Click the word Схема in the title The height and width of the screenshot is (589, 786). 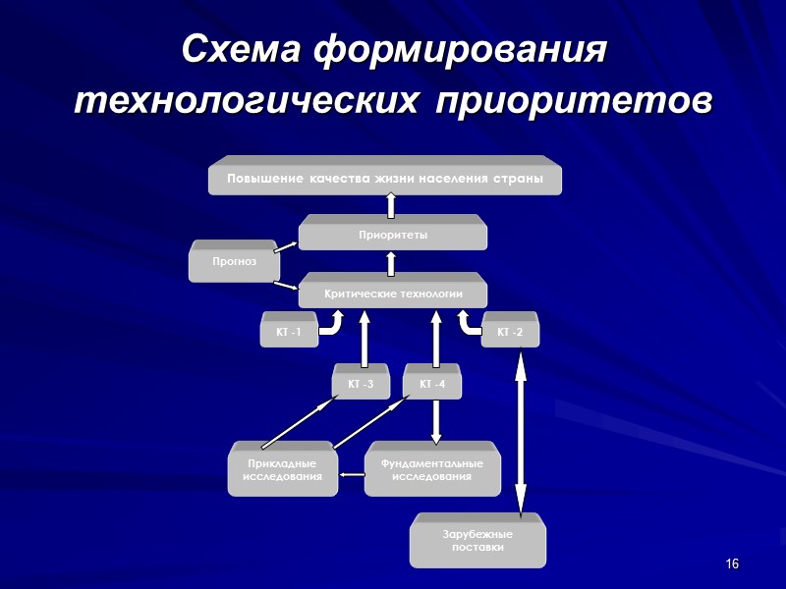(x=242, y=49)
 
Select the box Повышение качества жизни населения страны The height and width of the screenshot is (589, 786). (x=385, y=179)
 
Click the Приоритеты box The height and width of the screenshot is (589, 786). (x=392, y=236)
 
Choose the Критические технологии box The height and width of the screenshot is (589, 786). (x=392, y=294)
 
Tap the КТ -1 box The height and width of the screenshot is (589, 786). (x=288, y=333)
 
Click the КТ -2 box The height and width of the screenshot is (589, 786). (x=510, y=333)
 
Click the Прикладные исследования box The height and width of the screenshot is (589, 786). (x=282, y=470)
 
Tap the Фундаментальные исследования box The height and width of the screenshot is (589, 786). (x=431, y=470)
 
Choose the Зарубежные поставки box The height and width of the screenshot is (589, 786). (x=477, y=541)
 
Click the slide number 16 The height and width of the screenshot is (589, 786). (x=732, y=563)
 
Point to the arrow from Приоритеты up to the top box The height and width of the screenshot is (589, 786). (x=391, y=205)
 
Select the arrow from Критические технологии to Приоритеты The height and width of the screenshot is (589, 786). (x=391, y=263)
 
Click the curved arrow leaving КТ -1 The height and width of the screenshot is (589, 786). (x=332, y=325)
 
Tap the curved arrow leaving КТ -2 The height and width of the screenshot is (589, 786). (x=467, y=325)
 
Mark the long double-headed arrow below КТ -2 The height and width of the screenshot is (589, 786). (x=522, y=432)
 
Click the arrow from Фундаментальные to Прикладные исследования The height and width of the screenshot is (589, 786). (x=352, y=476)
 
